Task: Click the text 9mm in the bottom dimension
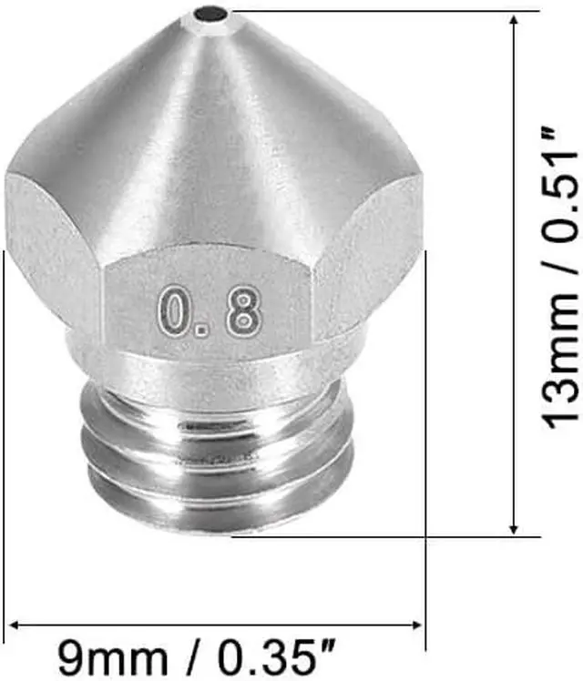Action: click(115, 655)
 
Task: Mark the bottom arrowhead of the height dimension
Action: click(515, 527)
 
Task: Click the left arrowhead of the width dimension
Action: click(15, 625)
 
